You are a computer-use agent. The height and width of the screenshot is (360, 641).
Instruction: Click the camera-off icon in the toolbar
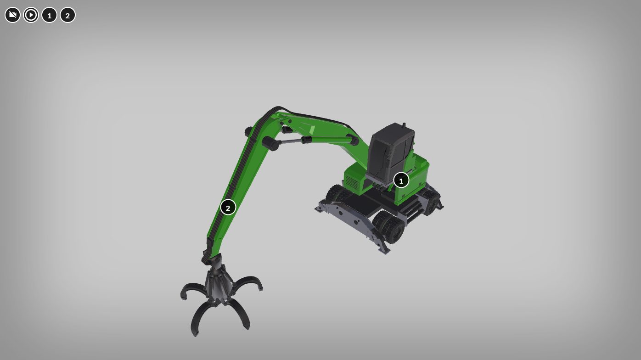pos(12,15)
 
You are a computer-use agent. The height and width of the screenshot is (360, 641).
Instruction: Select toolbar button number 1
pos(49,15)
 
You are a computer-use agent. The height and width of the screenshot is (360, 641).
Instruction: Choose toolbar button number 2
pos(67,15)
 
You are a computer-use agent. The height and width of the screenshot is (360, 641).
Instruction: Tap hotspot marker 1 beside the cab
pos(401,180)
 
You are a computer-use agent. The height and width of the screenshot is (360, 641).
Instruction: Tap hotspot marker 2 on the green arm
pos(228,208)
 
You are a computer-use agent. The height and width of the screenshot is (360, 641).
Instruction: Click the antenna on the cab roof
pos(404,126)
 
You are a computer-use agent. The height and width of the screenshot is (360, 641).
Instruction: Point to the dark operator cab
pos(391,153)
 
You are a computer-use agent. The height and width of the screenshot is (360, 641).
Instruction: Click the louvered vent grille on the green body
pos(351,182)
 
